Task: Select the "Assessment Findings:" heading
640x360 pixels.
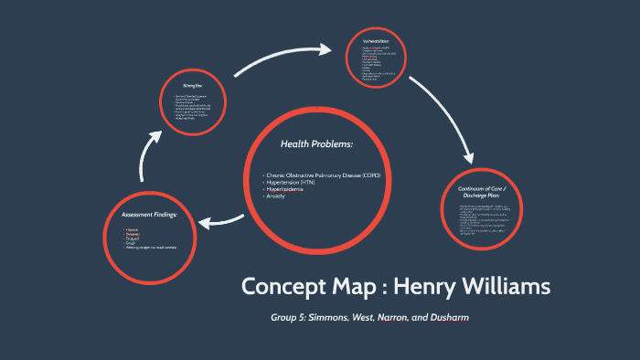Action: [149, 215]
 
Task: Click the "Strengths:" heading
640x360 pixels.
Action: [192, 85]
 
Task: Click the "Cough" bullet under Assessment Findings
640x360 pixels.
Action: [131, 243]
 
